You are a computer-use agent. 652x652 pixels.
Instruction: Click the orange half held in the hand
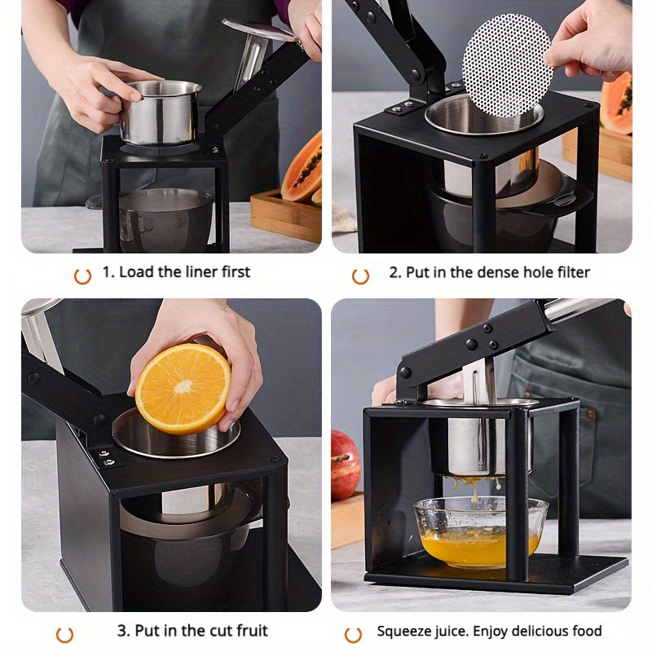tap(182, 388)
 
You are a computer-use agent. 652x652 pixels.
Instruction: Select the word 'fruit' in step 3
tap(248, 631)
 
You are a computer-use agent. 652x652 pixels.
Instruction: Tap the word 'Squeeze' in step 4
tap(403, 631)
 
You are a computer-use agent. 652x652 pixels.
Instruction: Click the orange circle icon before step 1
tap(82, 275)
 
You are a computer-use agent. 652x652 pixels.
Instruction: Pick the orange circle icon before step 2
tap(360, 275)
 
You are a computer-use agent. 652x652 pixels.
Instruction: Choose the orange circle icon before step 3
tap(64, 634)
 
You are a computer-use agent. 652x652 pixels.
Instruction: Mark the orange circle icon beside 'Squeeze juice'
tap(353, 634)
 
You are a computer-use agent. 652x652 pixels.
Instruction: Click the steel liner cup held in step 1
tap(161, 112)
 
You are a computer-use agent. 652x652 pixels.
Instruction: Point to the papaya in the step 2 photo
tap(617, 102)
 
